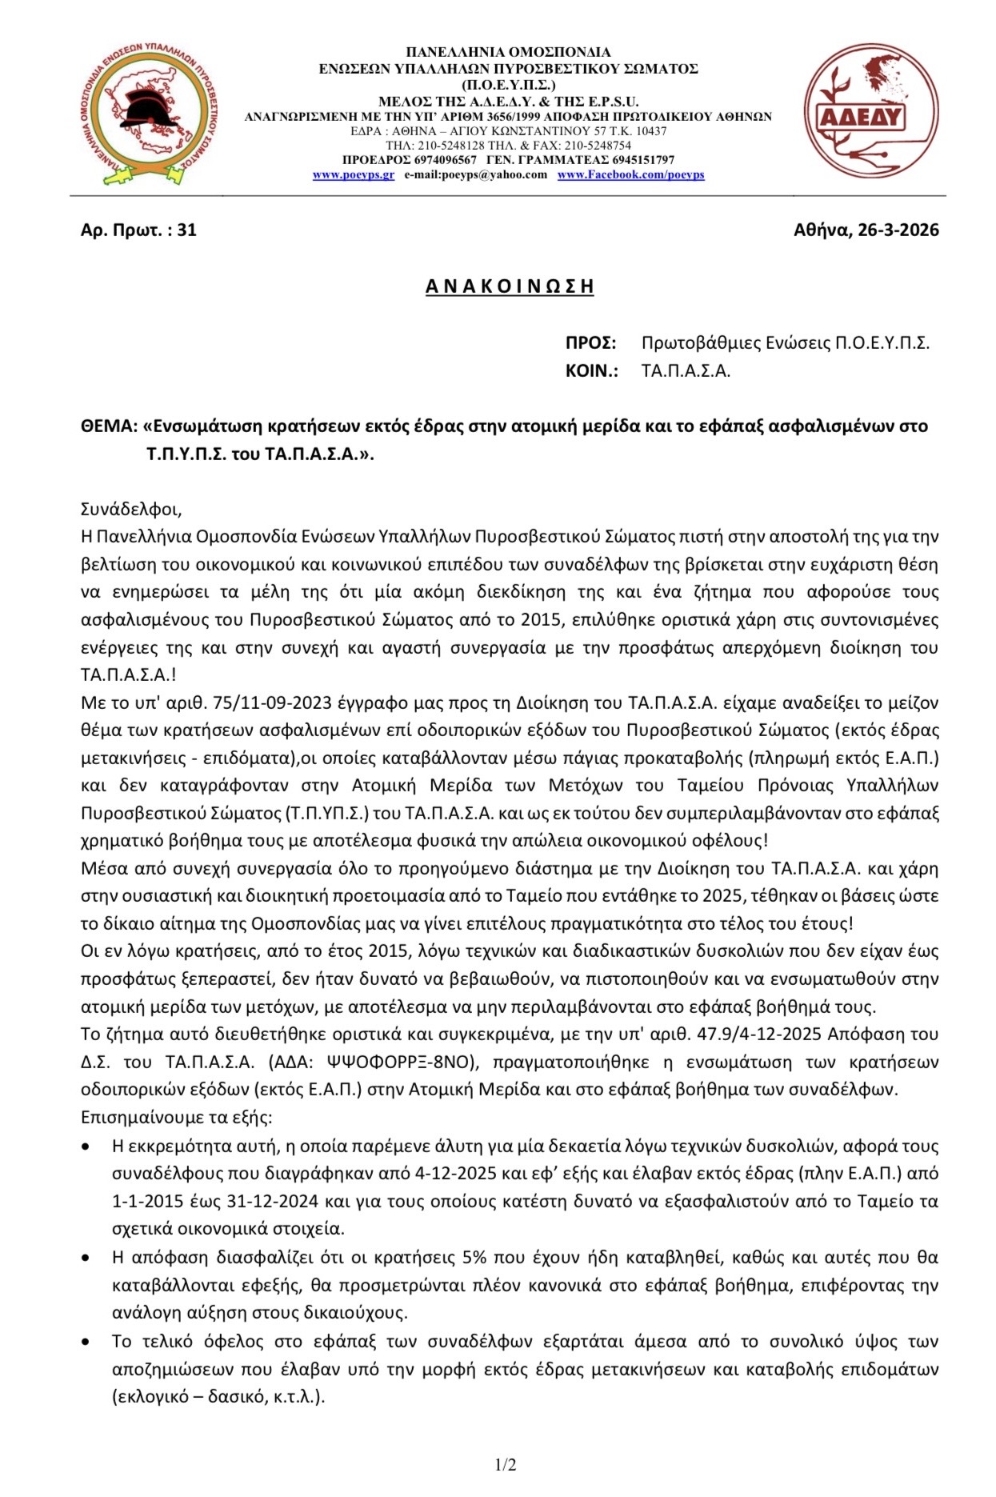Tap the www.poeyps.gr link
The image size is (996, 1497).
353,175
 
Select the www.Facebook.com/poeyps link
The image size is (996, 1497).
630,175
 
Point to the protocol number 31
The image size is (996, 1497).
186,230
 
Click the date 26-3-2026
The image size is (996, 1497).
898,230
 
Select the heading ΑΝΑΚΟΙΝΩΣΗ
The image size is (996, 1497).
510,286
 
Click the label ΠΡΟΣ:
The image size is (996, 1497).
590,343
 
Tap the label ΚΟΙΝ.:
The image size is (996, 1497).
591,371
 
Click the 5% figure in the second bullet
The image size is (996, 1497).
474,1258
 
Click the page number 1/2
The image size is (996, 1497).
505,1465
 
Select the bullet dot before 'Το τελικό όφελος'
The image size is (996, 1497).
86,1342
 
